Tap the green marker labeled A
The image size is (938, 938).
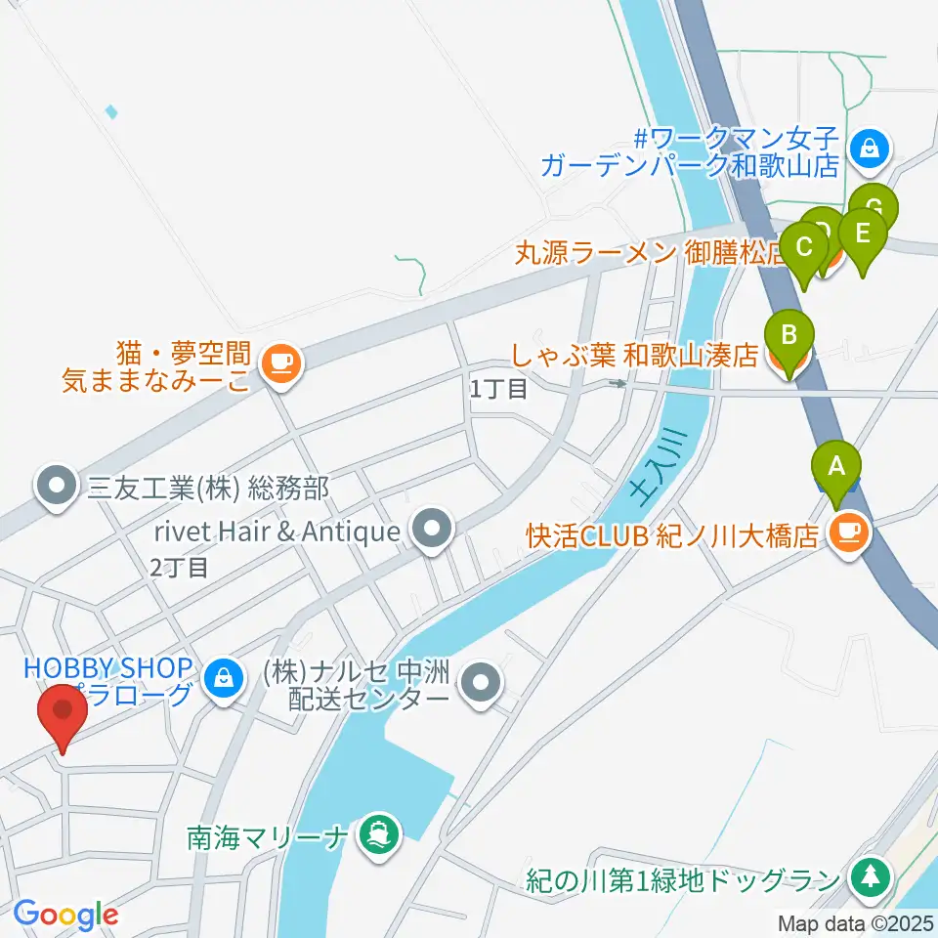(x=836, y=468)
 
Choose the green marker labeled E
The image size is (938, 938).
(x=863, y=235)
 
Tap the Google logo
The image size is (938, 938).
(x=65, y=915)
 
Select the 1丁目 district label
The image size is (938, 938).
(x=498, y=389)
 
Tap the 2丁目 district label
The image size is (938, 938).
(x=179, y=567)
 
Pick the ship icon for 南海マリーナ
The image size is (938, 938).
(x=376, y=835)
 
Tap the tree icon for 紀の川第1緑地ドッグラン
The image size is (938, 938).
(x=869, y=875)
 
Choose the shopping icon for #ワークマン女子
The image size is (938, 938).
(x=868, y=149)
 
